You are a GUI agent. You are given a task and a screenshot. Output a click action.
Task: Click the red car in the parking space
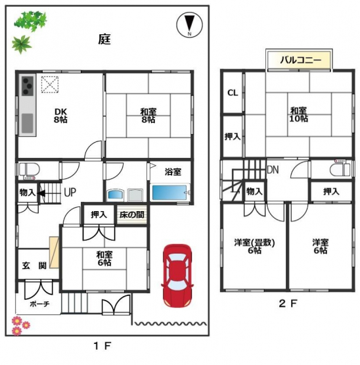click(x=177, y=276)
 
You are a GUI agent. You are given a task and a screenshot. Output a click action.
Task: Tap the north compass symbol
click(x=190, y=25)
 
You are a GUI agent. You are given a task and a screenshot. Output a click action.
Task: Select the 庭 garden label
click(x=104, y=39)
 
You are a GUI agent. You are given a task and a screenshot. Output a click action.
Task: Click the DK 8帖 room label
click(x=60, y=116)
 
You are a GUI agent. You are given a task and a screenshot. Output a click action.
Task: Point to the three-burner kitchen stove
click(x=28, y=86)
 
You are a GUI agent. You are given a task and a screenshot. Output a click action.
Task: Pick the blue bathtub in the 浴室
click(x=169, y=193)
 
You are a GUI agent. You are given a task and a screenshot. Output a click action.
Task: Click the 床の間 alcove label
click(x=132, y=214)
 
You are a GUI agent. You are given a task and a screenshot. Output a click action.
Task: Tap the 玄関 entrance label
click(x=34, y=266)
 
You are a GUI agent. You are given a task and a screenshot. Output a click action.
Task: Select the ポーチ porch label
click(x=39, y=304)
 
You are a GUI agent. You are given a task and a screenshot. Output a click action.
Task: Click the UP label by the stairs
click(x=70, y=192)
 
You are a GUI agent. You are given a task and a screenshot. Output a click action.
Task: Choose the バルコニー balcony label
click(x=300, y=61)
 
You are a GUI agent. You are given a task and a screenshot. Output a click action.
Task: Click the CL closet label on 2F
click(x=233, y=93)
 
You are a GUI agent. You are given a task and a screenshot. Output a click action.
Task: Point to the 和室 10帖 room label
click(x=299, y=114)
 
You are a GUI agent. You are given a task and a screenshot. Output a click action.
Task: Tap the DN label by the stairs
click(x=273, y=170)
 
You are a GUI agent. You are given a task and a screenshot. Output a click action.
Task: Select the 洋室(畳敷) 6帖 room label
click(x=254, y=246)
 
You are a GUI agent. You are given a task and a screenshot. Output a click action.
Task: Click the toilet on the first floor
click(x=28, y=170)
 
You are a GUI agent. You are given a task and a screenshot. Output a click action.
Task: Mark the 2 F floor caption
click(x=288, y=303)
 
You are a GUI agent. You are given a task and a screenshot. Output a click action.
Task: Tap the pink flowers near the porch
click(x=20, y=325)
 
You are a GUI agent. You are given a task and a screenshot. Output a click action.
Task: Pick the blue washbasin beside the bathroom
click(x=116, y=195)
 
